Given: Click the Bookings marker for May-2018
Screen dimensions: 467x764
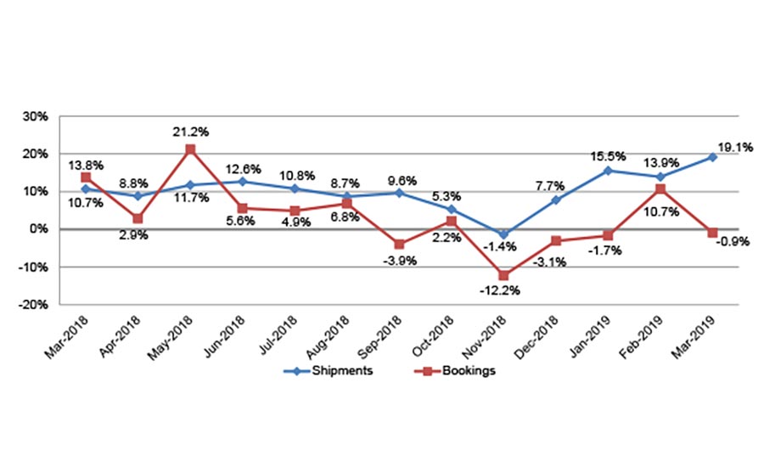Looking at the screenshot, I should point(190,149).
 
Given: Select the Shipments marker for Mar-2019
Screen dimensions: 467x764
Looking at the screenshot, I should point(713,157).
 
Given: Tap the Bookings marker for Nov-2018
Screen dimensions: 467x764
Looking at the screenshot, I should point(503,275).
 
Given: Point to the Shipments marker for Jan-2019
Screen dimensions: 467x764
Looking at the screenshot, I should point(608,171).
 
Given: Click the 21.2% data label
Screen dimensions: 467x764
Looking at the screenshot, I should point(190,132).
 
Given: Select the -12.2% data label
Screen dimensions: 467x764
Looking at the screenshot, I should point(503,291).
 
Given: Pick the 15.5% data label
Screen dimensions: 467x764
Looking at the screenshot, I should point(609,155).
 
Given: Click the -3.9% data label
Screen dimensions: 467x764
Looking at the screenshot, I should point(399,261).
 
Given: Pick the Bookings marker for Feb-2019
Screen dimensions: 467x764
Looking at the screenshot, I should point(660,188).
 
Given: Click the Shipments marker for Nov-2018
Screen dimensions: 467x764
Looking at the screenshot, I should point(503,234).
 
